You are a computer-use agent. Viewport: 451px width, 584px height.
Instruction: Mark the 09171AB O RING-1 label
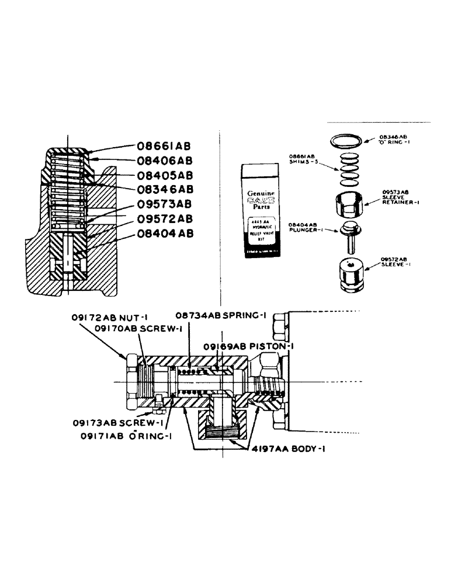pyautogui.click(x=124, y=435)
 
